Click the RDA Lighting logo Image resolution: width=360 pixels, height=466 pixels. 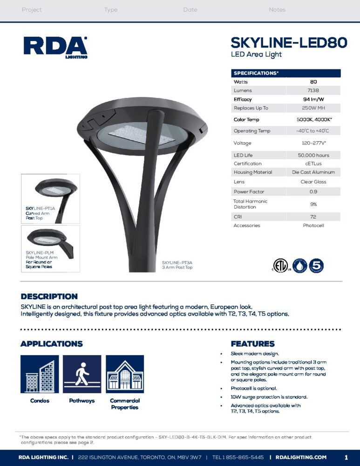click(x=55, y=47)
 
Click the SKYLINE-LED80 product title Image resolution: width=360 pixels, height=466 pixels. click(x=289, y=43)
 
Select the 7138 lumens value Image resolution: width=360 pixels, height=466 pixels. click(x=313, y=90)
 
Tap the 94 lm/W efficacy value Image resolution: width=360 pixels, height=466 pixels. click(x=313, y=99)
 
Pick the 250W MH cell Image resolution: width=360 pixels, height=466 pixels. click(x=313, y=108)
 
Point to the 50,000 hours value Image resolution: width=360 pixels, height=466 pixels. click(x=313, y=155)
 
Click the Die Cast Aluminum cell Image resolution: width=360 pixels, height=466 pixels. click(x=313, y=172)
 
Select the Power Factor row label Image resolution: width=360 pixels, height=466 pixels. click(x=249, y=192)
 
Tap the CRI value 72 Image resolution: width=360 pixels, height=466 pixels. click(x=313, y=217)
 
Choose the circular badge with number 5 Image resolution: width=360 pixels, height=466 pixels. click(x=316, y=266)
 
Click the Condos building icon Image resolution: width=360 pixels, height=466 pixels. click(x=40, y=374)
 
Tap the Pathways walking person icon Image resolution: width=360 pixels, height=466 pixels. click(x=82, y=374)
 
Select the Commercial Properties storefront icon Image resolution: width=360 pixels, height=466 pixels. click(x=125, y=374)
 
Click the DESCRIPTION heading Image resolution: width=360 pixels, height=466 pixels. click(x=49, y=296)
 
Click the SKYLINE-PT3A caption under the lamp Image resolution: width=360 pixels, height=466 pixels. click(x=177, y=265)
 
